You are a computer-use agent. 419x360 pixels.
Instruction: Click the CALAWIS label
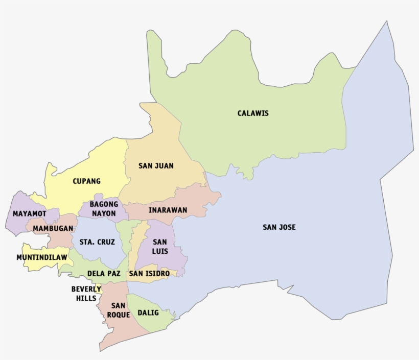click(253, 113)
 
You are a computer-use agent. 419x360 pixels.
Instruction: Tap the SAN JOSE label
click(279, 227)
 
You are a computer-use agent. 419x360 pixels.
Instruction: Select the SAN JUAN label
click(156, 166)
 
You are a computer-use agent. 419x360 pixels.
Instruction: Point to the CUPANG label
click(86, 181)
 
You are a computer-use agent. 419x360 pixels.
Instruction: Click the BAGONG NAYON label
click(104, 209)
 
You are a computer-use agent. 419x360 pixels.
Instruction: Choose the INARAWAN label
click(168, 210)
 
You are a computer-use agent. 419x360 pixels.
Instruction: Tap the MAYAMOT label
click(30, 213)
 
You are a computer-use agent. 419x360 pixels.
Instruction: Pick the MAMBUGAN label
click(53, 229)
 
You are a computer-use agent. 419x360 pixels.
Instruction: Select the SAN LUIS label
click(160, 247)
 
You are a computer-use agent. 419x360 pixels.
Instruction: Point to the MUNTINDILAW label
click(41, 257)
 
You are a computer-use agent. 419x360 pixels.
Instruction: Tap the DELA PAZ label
click(104, 274)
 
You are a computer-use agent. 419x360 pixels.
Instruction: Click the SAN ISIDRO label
click(149, 274)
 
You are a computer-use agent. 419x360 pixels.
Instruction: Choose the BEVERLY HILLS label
click(86, 294)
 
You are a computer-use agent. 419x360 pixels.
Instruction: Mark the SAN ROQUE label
click(118, 310)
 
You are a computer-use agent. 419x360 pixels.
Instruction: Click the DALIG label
click(149, 313)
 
